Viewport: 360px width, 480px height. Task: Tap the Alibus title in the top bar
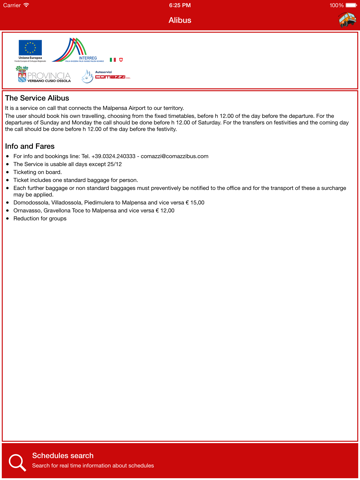(180, 20)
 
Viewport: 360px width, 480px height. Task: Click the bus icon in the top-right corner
(346, 20)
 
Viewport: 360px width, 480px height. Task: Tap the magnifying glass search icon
(17, 461)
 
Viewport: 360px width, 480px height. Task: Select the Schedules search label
(63, 455)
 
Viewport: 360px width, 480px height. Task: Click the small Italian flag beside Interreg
(113, 60)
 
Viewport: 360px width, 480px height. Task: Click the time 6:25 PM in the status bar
(180, 5)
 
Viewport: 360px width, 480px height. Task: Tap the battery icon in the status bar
(350, 5)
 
